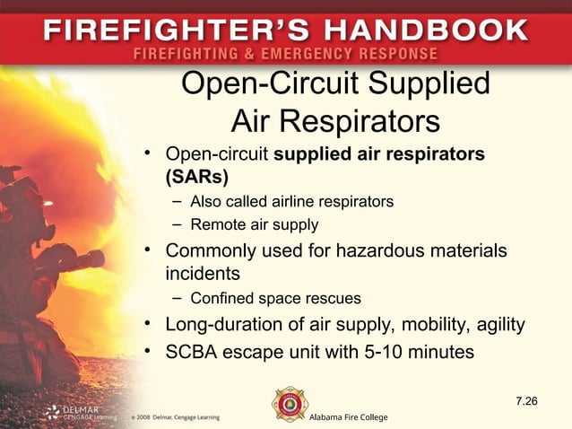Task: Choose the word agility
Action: tap(494, 324)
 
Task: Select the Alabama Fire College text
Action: tap(348, 418)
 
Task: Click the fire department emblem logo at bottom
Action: tap(290, 405)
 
